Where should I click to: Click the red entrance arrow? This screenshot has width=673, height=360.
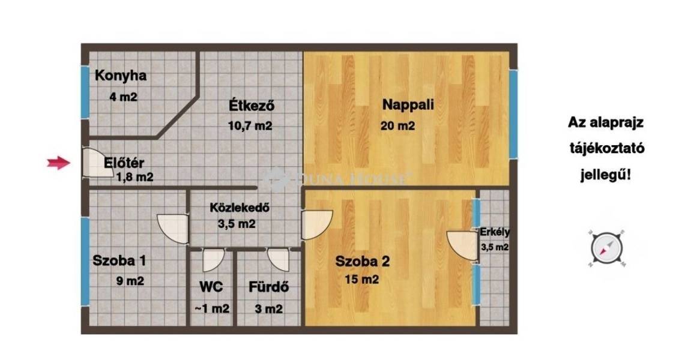tap(59, 163)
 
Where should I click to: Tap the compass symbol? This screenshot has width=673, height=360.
tap(606, 248)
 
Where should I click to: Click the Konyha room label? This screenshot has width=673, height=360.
tap(121, 76)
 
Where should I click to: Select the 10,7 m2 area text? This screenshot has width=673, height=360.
tap(250, 126)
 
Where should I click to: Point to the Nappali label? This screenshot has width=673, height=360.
tap(408, 104)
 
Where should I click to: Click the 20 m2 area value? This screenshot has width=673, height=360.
tap(397, 126)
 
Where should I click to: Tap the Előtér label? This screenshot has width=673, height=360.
tap(124, 163)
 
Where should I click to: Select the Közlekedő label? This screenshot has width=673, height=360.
tap(240, 208)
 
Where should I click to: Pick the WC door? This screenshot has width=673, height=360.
tap(213, 260)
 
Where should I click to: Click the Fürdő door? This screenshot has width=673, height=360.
tap(278, 260)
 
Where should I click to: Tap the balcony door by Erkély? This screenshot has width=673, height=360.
tap(462, 246)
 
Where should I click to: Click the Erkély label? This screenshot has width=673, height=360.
tap(495, 232)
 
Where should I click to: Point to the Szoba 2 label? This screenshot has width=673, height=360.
tap(362, 262)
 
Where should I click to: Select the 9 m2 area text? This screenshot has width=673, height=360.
tap(130, 281)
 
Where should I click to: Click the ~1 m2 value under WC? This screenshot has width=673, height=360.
tap(212, 308)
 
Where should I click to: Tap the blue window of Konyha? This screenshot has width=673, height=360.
tap(85, 92)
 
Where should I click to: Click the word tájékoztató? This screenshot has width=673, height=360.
tap(607, 149)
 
